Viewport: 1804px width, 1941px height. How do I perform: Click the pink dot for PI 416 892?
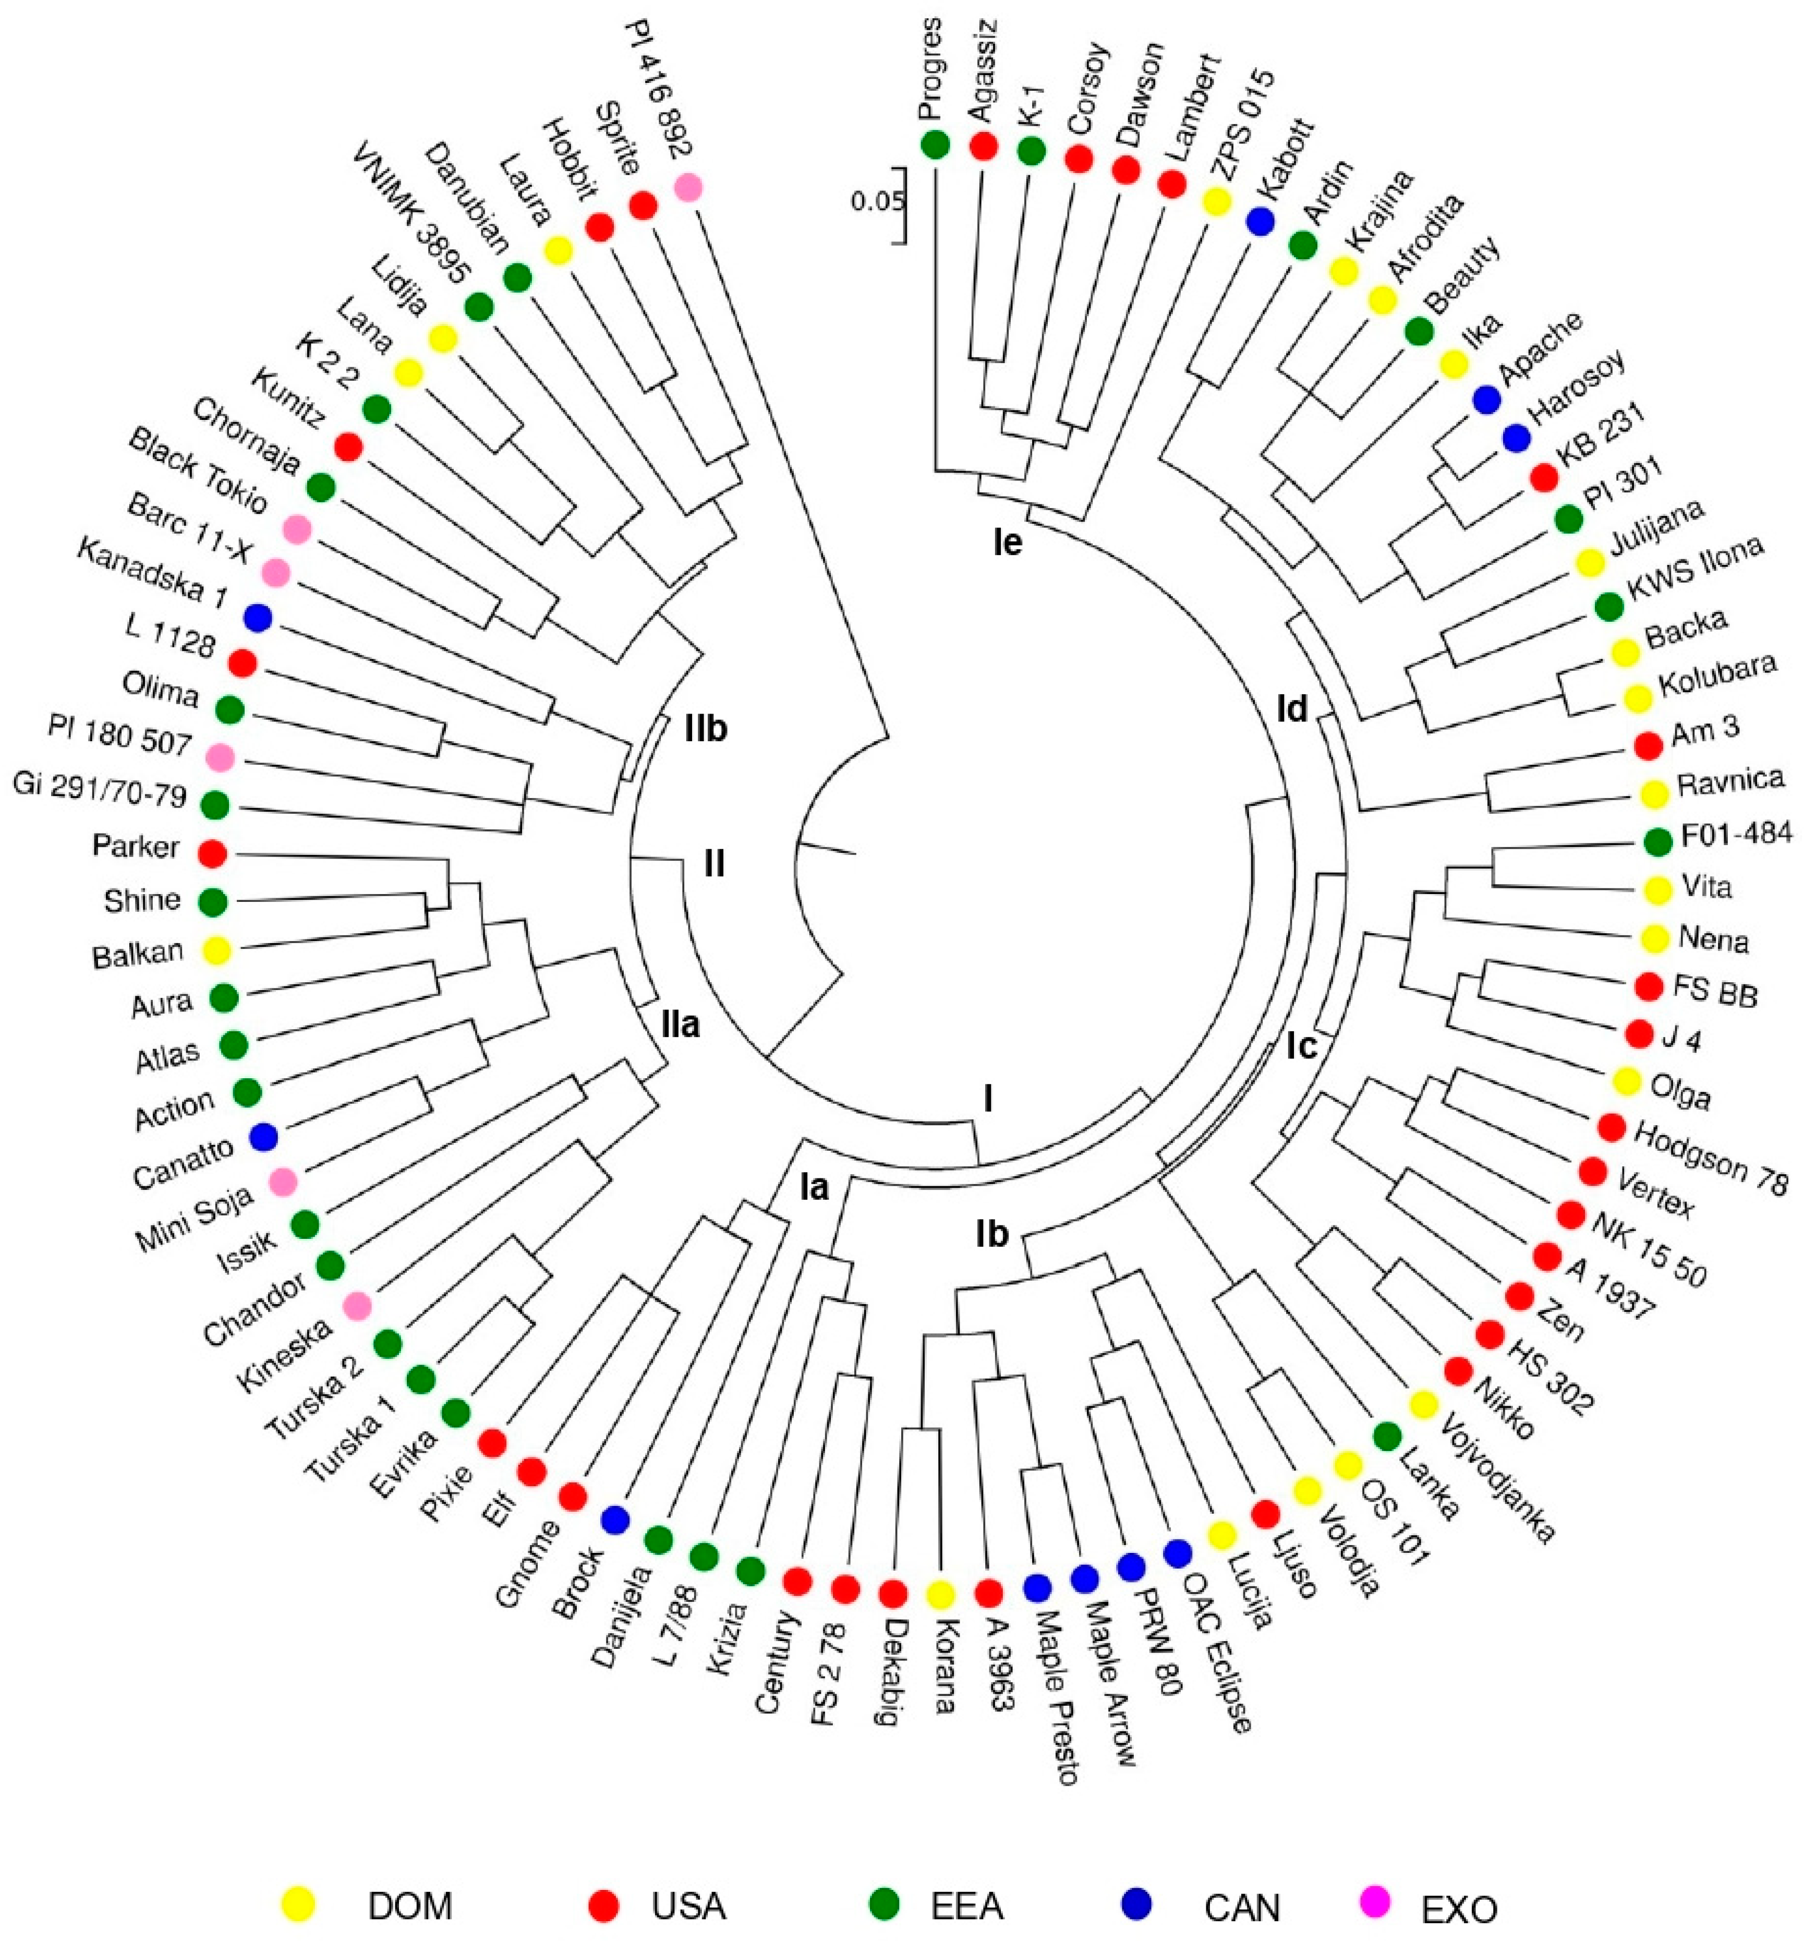pos(688,185)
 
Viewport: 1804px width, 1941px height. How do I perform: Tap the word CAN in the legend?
pos(1242,1906)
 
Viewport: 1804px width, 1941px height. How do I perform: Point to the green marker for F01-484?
pos(1656,840)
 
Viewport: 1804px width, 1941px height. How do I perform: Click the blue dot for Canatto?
pos(263,1137)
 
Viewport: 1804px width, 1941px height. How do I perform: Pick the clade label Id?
pos(1291,710)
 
